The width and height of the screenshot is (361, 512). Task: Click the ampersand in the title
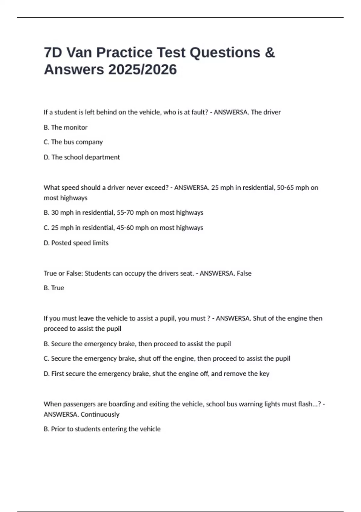pos(270,53)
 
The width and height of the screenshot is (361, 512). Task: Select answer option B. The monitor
pos(66,127)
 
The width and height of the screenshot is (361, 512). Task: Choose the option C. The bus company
pos(73,142)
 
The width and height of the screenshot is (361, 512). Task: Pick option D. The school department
pos(82,157)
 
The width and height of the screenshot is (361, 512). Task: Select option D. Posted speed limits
pos(76,243)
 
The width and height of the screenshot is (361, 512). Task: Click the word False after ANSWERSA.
pos(244,273)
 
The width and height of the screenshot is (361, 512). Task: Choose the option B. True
pos(54,288)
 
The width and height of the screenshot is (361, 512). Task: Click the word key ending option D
pos(264,374)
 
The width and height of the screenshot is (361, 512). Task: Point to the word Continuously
pos(100,414)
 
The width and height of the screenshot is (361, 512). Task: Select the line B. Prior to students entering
pos(102,429)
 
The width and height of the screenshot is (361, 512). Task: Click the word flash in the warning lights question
pos(305,404)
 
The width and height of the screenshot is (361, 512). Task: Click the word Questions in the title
pos(225,53)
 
